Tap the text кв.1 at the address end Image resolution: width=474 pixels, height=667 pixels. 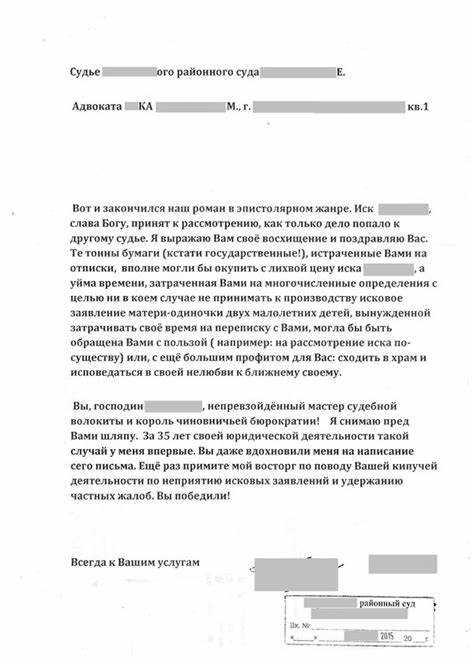[x=419, y=106]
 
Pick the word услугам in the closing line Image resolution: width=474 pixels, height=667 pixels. [x=177, y=562]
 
